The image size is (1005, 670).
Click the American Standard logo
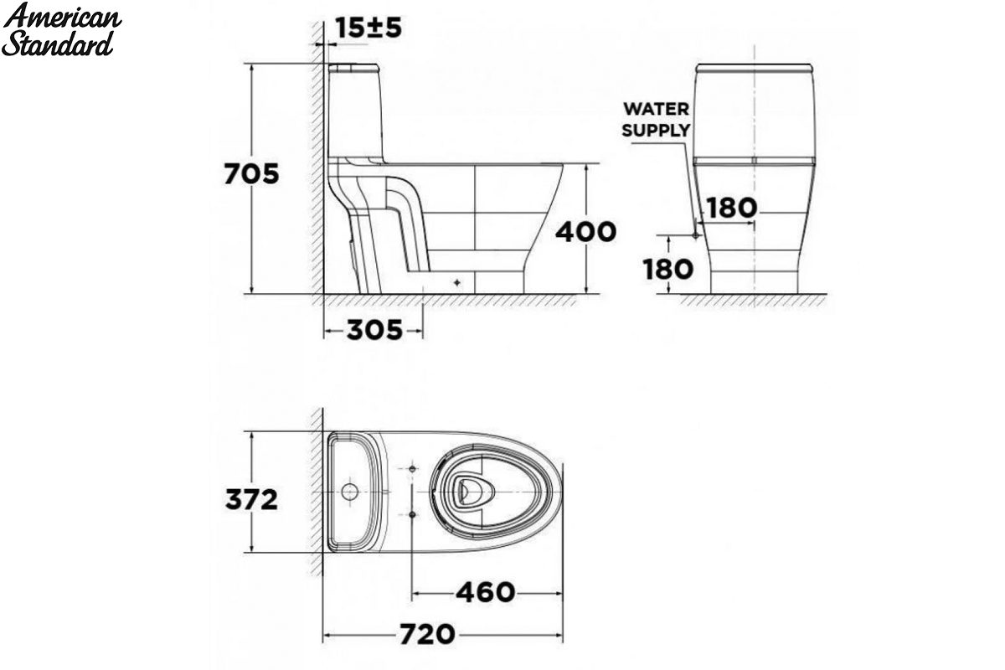click(61, 30)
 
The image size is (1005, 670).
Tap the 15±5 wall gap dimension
click(368, 28)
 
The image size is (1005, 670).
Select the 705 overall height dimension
click(251, 173)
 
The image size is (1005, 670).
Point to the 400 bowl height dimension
click(585, 231)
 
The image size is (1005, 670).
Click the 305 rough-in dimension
click(374, 330)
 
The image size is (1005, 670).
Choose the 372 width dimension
click(251, 499)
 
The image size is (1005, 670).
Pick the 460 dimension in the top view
click(486, 592)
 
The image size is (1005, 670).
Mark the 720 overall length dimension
click(427, 634)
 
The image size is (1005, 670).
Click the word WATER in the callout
click(656, 109)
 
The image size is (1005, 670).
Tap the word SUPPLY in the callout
click(656, 130)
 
